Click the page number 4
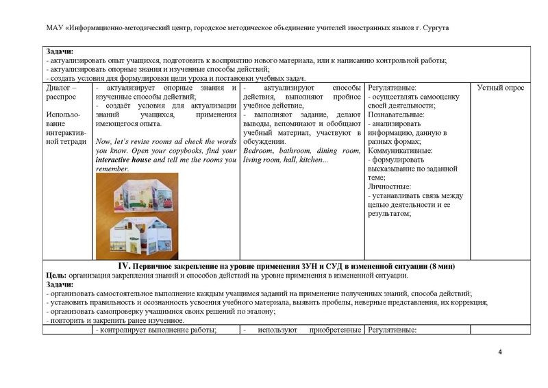[x=500, y=352]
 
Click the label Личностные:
[x=390, y=186]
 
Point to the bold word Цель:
[x=56, y=276]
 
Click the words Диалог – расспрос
[x=60, y=93]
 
